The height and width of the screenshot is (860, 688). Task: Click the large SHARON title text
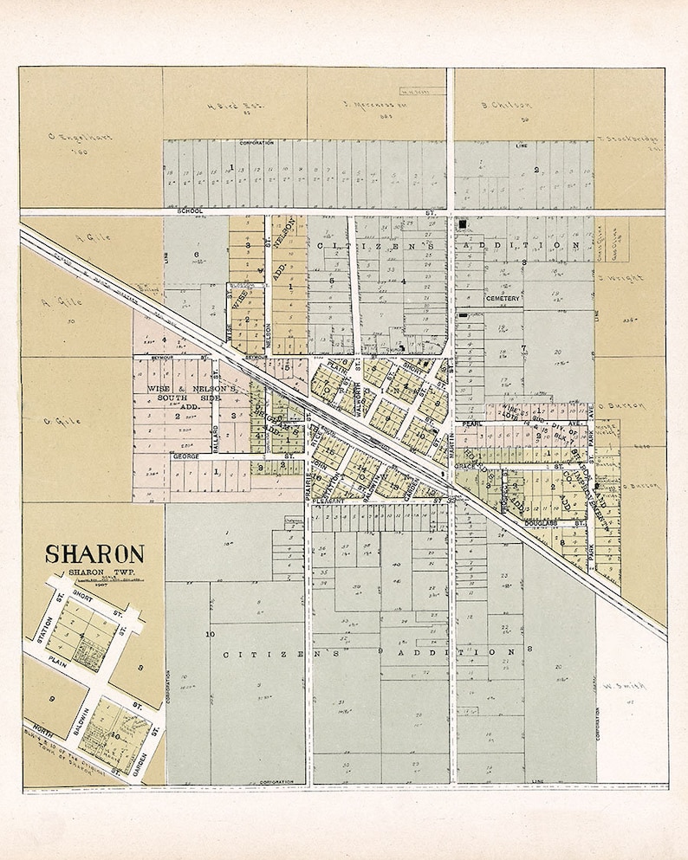[x=94, y=553]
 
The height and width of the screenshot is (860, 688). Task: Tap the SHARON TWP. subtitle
[x=94, y=572]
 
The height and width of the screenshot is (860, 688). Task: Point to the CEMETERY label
[x=503, y=298]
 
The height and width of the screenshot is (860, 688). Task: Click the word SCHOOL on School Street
[x=189, y=210]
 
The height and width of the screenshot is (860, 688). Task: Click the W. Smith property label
[x=620, y=688]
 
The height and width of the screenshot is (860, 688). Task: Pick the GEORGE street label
[x=185, y=456]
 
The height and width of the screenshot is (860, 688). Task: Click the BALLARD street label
[x=215, y=433]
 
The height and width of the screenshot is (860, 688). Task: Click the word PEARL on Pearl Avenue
[x=471, y=424]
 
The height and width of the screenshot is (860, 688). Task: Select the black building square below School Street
[x=463, y=224]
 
